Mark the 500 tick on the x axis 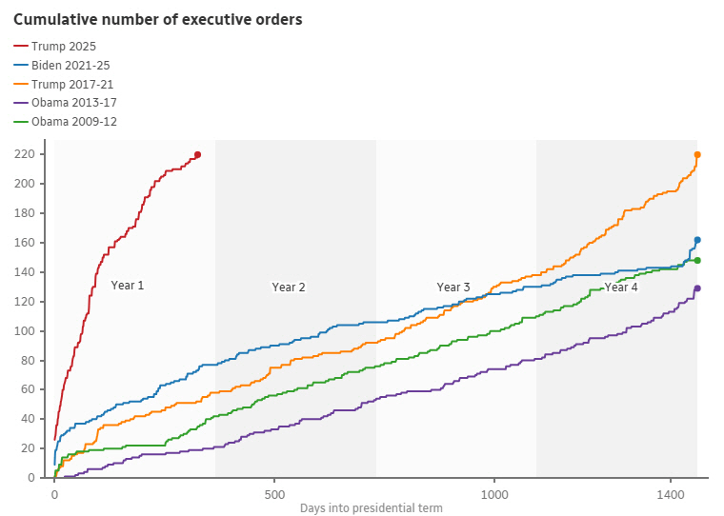coord(274,495)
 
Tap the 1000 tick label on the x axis coord(494,495)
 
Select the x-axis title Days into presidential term coord(371,508)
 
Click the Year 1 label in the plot coord(128,286)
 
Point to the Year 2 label coord(289,288)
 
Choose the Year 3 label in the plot coord(453,288)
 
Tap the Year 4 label coord(621,288)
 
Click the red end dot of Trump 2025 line coord(197,154)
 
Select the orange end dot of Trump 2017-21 coord(697,154)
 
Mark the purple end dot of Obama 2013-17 coord(697,288)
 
